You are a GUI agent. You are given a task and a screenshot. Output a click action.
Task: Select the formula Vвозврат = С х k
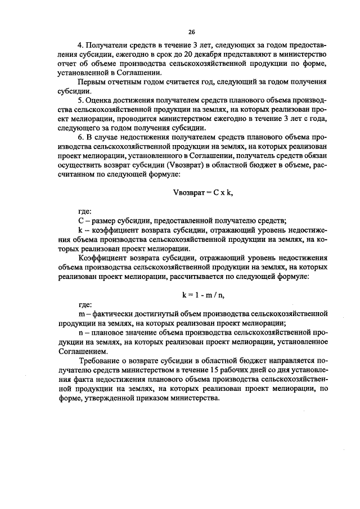pyautogui.click(x=202, y=193)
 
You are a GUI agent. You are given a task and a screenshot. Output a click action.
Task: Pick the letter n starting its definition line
pyautogui.click(x=80, y=332)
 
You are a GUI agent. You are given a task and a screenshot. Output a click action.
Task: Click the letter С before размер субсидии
pyautogui.click(x=80, y=220)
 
